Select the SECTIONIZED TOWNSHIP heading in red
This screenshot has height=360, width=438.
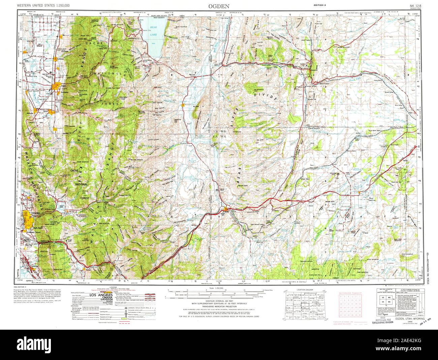(350, 293)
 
